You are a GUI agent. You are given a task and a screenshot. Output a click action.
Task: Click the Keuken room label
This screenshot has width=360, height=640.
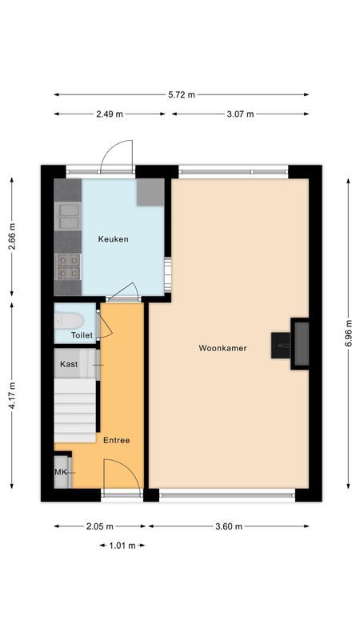tap(113, 239)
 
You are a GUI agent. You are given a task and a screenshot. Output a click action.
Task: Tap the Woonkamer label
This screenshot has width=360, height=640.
tap(223, 348)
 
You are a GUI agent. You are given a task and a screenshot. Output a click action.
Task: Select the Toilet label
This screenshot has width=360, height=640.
tap(82, 335)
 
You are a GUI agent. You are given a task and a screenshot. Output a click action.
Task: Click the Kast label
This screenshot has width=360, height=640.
tap(69, 364)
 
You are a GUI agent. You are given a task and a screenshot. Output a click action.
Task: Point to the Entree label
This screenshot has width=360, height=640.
tap(116, 440)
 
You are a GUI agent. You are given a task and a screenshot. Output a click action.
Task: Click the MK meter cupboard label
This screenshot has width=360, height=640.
tap(60, 473)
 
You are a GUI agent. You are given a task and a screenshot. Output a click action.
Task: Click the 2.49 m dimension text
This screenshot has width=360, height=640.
tap(110, 114)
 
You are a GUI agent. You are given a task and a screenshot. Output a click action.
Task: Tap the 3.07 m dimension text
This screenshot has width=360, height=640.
tap(239, 114)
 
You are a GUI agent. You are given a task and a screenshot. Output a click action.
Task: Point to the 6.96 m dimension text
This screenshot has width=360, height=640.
tap(349, 333)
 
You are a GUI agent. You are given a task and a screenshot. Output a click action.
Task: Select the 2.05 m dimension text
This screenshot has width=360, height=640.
tap(100, 526)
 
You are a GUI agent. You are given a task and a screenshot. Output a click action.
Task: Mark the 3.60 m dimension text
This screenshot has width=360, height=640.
tap(228, 526)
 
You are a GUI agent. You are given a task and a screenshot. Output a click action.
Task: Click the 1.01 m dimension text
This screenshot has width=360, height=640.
tap(122, 546)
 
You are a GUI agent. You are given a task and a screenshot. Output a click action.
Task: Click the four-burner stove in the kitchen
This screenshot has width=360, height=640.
tap(68, 265)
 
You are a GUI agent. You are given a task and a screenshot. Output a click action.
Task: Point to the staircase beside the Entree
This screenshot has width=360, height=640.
tap(77, 408)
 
